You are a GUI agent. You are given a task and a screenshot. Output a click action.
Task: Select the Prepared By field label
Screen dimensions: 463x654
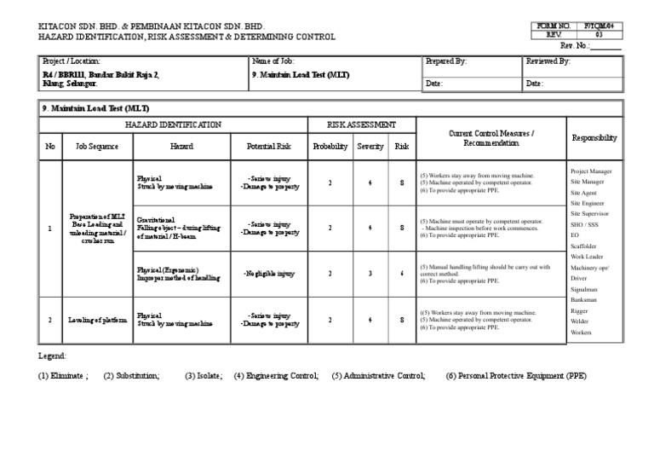(446, 61)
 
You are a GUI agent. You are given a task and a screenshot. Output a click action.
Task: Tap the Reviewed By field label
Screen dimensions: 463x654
(548, 61)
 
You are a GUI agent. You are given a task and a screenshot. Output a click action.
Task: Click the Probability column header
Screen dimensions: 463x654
(330, 147)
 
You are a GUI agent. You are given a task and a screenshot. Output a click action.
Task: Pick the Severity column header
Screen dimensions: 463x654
(370, 147)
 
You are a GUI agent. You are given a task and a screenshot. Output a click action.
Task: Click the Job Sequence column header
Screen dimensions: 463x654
(98, 147)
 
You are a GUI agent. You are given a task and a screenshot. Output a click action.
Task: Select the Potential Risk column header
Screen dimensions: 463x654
(268, 147)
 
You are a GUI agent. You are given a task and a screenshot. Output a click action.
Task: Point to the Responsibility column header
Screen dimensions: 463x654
(594, 137)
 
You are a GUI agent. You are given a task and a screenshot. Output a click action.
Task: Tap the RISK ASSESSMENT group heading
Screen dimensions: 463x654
(361, 124)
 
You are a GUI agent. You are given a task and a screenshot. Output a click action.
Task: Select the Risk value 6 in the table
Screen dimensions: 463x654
(401, 273)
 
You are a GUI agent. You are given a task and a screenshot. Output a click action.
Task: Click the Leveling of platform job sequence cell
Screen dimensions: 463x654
(98, 320)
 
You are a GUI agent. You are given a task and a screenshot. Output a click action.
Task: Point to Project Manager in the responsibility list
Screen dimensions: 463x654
(591, 171)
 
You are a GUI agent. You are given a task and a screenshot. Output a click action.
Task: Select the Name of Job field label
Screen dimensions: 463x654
(272, 61)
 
